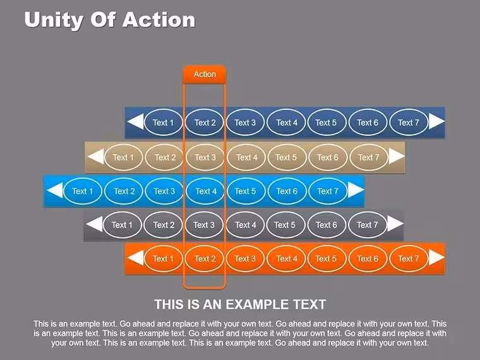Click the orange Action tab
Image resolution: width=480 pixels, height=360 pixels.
point(205,74)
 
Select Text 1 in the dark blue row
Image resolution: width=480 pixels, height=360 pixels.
point(163,123)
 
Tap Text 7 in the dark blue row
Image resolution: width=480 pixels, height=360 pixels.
point(409,123)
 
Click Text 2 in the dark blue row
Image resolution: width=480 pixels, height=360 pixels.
point(205,123)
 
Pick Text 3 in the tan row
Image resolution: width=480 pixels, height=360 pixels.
point(205,157)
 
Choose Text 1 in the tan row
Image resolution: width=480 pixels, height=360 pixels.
point(123,157)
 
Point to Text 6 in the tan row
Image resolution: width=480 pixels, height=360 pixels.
point(328,157)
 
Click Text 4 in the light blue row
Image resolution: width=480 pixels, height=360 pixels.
point(206,191)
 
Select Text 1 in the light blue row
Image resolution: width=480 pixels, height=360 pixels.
point(82,191)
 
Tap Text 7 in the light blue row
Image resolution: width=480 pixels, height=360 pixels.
point(328,191)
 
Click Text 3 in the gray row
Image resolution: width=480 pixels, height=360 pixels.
point(204,225)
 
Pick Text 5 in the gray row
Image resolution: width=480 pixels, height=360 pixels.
point(285,225)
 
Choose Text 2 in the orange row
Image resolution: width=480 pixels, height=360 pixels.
point(205,259)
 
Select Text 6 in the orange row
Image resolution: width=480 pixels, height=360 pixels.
point(368,259)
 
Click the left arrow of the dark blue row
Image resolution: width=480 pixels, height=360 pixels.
point(135,121)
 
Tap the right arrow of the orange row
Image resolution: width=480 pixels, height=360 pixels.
point(436,258)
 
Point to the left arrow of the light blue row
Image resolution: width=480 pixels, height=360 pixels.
point(55,190)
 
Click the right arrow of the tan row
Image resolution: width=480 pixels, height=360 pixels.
point(397,156)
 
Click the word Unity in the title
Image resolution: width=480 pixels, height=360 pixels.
point(54,20)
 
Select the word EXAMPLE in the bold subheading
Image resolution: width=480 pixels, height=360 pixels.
point(258,304)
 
